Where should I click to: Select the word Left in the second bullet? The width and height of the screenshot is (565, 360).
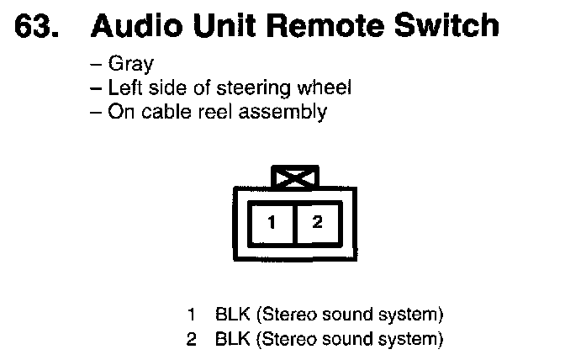pyautogui.click(x=124, y=87)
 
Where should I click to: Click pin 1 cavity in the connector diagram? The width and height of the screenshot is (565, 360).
pyautogui.click(x=272, y=223)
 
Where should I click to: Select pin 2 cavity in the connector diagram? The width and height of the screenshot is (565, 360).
pyautogui.click(x=316, y=223)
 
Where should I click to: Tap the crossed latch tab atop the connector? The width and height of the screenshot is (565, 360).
pyautogui.click(x=293, y=177)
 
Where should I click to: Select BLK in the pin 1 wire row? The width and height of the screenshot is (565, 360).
pyautogui.click(x=232, y=315)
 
